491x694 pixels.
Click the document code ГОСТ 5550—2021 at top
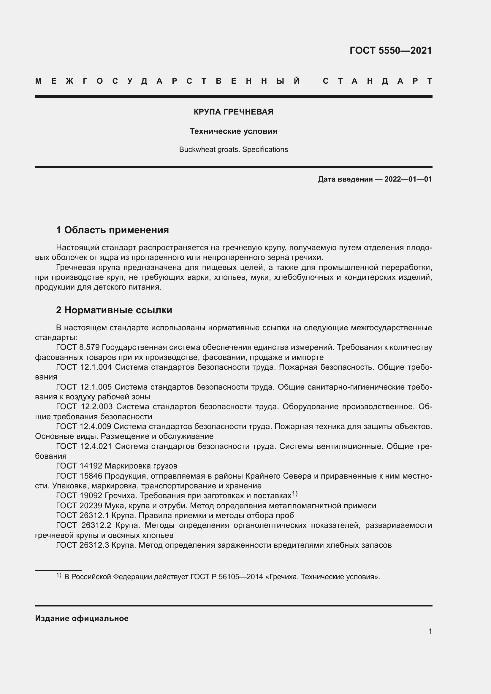tap(390, 50)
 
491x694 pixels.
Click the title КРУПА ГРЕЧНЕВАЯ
tap(233, 112)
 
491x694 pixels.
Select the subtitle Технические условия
tap(233, 131)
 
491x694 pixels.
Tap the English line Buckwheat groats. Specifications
tap(233, 149)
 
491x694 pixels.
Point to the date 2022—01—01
tap(408, 179)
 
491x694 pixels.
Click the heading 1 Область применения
tap(113, 230)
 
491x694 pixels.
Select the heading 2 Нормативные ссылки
tap(114, 310)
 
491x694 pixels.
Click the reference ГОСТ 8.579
tap(78, 347)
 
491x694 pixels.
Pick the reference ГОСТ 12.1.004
tap(84, 367)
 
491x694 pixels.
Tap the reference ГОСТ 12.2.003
tap(84, 406)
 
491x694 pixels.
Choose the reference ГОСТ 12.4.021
tap(84, 446)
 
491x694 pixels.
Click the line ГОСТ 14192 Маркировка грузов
tap(117, 466)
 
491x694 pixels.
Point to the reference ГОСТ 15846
tap(79, 476)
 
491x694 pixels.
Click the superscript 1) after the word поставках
tap(295, 494)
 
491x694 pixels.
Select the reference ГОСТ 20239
tap(79, 505)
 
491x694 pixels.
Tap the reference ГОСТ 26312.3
tap(82, 545)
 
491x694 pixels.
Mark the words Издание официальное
tap(82, 618)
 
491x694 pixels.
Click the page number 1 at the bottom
tap(430, 631)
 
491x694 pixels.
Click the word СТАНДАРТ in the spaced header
tap(377, 81)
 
